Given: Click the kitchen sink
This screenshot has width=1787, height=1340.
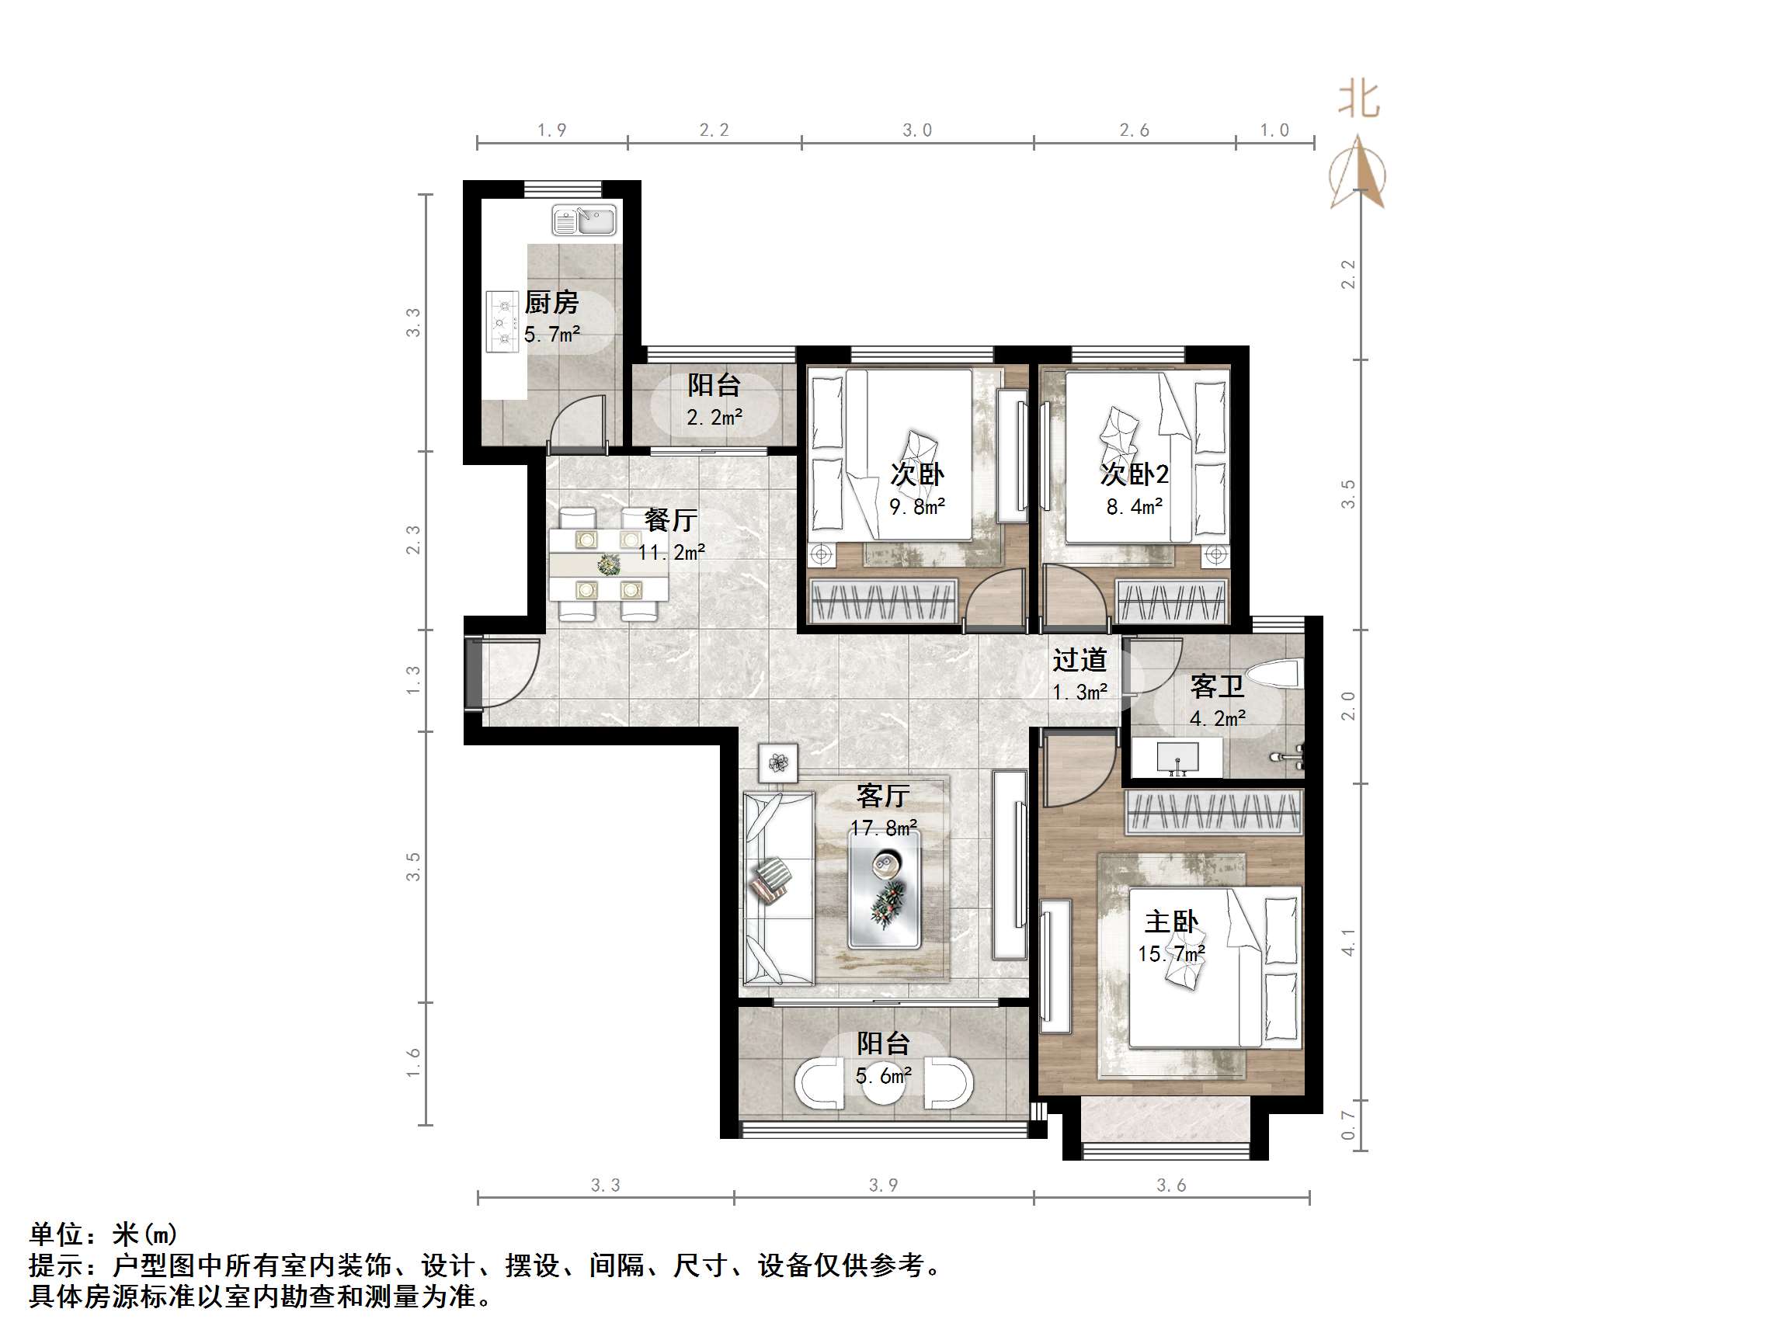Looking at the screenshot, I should (585, 220).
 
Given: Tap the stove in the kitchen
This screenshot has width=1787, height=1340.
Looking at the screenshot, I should (502, 322).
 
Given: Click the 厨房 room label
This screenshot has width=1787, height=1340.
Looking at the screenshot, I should (551, 303).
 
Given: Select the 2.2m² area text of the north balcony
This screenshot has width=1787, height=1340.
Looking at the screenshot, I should (714, 418).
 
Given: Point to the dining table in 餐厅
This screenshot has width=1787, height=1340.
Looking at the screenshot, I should (607, 564).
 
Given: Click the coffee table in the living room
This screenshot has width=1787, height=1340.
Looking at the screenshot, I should (884, 888).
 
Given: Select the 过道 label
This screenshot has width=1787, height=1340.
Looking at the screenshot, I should (1079, 661).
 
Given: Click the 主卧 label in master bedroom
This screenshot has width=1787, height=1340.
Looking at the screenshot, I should (1170, 922).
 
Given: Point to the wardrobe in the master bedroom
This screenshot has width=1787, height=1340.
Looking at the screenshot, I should (1214, 812).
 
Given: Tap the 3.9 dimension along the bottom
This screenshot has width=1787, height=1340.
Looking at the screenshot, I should (883, 1185).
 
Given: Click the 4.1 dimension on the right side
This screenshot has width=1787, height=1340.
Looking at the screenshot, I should (1347, 942).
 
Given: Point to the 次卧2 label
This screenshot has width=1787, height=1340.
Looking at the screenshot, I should (1134, 474).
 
